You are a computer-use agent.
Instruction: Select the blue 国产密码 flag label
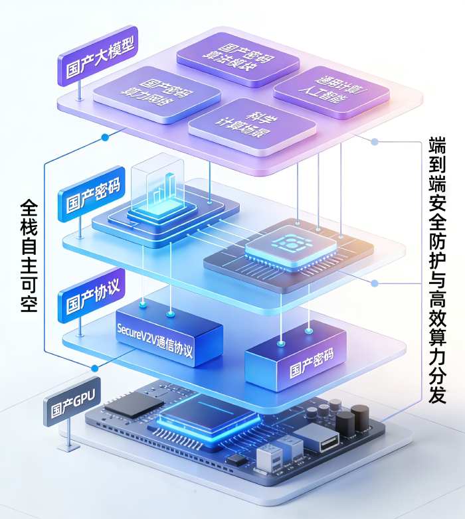92,192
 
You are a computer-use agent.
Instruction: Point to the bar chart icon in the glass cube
162,189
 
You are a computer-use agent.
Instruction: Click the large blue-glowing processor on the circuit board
208,413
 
